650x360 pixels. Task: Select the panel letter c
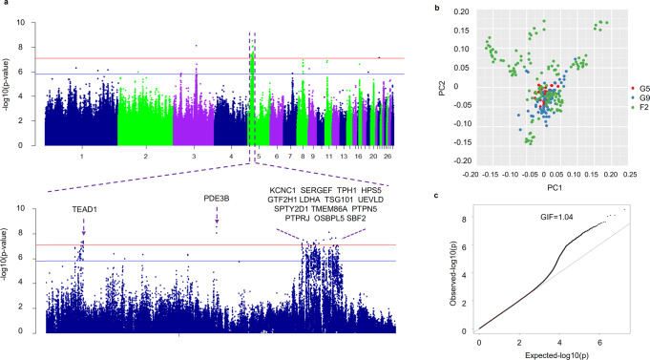436,196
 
